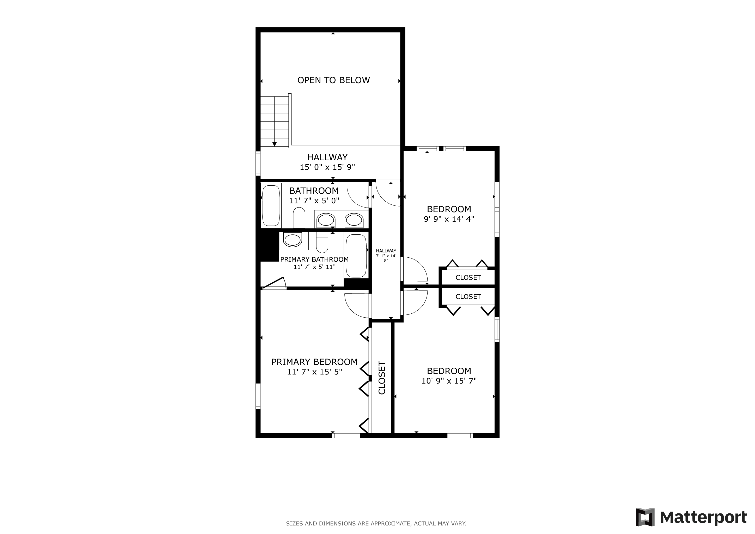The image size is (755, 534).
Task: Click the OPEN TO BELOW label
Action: [333, 80]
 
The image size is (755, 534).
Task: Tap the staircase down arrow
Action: [274, 144]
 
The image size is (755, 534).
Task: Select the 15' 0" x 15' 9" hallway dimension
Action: [327, 167]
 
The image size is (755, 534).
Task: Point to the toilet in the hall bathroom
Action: [299, 217]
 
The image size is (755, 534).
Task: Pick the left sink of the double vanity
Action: [326, 220]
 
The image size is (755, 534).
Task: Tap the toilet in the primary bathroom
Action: [322, 242]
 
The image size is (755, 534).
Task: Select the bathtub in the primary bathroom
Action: [356, 256]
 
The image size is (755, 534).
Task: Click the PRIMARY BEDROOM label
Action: [314, 362]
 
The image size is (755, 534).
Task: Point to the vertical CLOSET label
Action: [382, 378]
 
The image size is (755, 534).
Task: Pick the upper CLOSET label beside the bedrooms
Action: [468, 277]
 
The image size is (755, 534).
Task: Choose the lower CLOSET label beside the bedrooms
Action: [468, 296]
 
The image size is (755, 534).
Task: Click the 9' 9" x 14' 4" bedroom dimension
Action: [449, 219]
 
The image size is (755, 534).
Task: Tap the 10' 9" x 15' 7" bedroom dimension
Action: [449, 381]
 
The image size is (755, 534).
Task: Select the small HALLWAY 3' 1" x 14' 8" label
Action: [386, 256]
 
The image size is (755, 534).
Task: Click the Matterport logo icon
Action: [645, 517]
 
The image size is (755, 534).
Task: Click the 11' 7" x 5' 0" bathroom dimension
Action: [314, 201]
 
